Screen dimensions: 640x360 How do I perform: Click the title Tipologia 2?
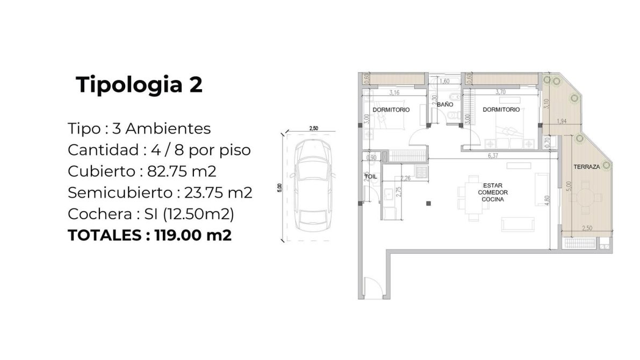(139, 85)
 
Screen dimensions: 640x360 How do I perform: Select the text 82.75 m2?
(182, 171)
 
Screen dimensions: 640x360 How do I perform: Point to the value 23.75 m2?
(218, 193)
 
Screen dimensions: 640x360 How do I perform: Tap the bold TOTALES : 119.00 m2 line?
(150, 235)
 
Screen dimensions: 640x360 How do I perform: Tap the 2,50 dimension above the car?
(313, 128)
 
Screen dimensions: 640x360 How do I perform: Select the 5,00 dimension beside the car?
(279, 188)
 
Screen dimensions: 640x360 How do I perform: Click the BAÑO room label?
(445, 104)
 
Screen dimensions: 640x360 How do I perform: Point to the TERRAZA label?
(586, 167)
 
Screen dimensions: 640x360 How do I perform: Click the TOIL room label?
(371, 177)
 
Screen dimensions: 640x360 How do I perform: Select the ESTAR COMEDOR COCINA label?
(493, 192)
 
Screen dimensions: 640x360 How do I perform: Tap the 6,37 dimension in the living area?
(493, 155)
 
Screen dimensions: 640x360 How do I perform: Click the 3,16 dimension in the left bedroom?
(394, 92)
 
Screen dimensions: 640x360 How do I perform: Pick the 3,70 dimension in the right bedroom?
(500, 92)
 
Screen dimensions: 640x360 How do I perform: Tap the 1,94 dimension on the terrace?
(562, 121)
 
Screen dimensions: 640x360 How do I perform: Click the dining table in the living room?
(473, 198)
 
